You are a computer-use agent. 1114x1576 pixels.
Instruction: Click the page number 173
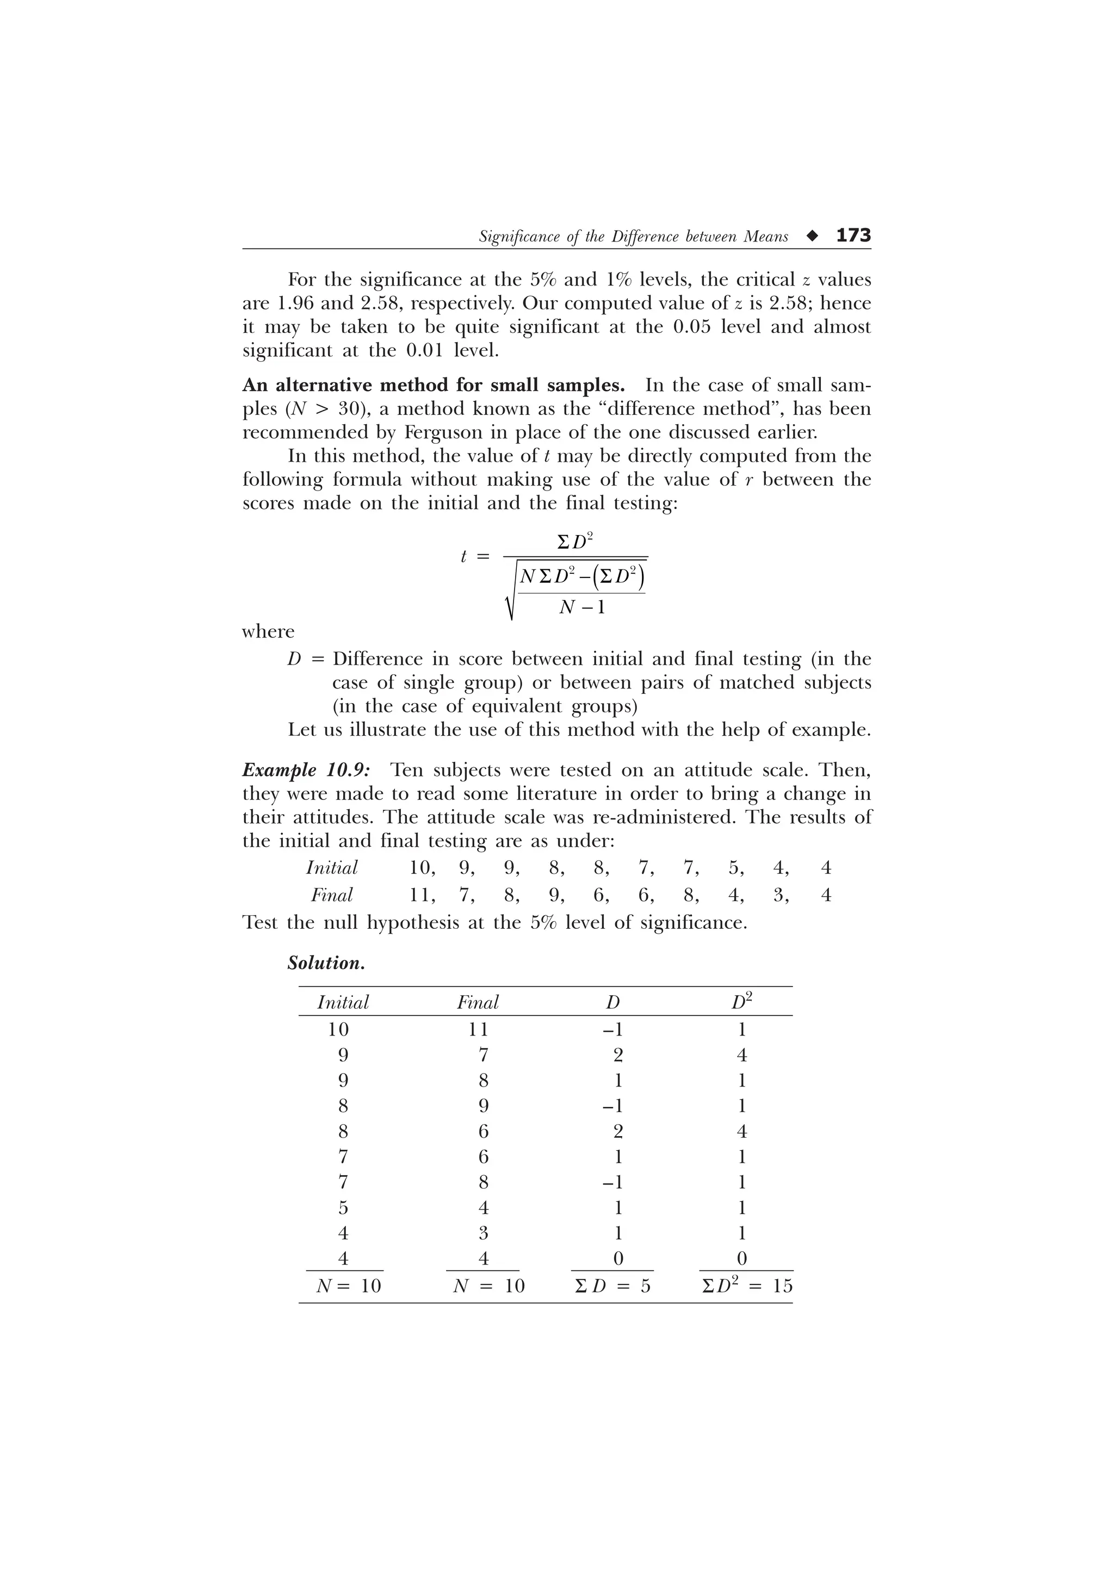point(853,235)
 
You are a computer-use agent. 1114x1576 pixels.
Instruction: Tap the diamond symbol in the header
point(813,236)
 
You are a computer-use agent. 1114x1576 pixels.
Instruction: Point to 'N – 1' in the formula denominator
point(582,607)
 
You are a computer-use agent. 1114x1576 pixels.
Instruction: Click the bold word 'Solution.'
point(326,963)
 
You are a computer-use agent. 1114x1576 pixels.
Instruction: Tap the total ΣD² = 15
point(747,1286)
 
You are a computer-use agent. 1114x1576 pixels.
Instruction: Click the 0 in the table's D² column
point(741,1259)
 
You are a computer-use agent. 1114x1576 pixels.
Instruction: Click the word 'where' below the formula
point(268,631)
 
